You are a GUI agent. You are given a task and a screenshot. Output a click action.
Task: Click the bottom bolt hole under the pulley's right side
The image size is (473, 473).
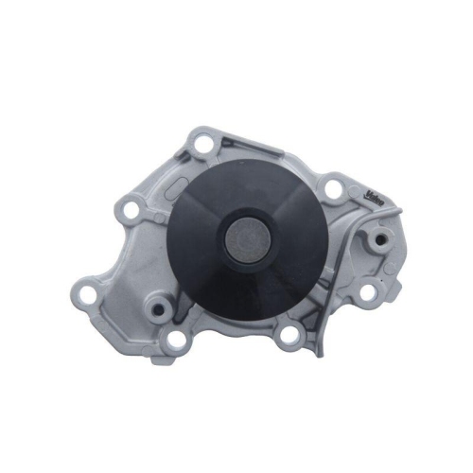[291, 332]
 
